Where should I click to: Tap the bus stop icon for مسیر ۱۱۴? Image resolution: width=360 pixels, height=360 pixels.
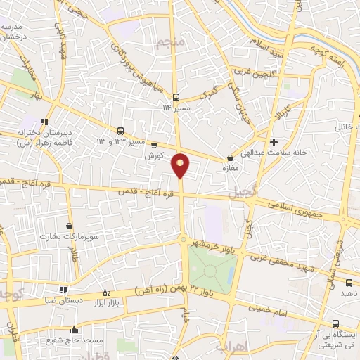tap(176, 98)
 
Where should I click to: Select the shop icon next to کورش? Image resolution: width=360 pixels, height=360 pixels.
tap(155, 145)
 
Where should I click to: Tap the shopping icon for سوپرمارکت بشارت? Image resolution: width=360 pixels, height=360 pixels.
tap(69, 226)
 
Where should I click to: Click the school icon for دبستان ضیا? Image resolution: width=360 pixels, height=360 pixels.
tap(63, 289)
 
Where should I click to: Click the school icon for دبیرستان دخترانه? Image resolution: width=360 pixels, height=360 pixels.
tap(44, 120)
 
